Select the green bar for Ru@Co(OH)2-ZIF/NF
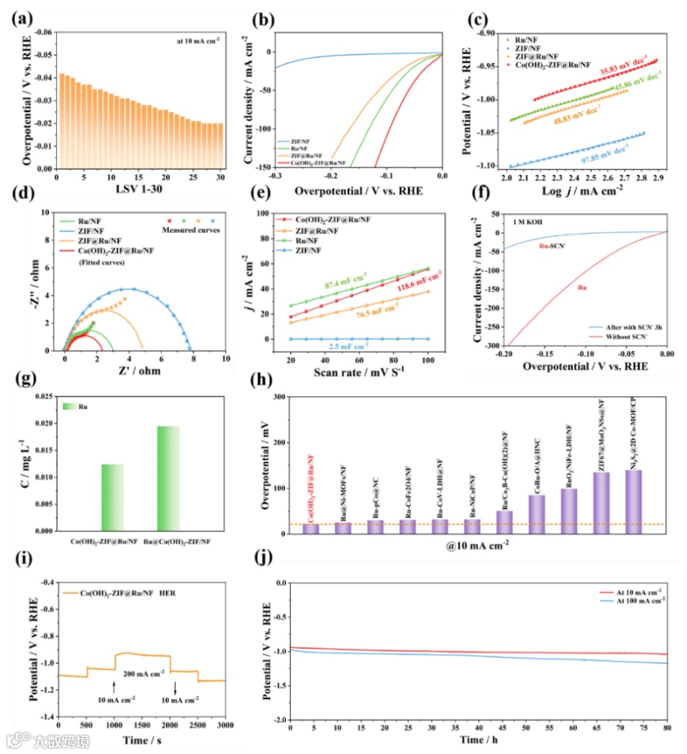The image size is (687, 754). coord(168,478)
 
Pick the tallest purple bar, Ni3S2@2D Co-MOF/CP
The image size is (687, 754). coord(632,502)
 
